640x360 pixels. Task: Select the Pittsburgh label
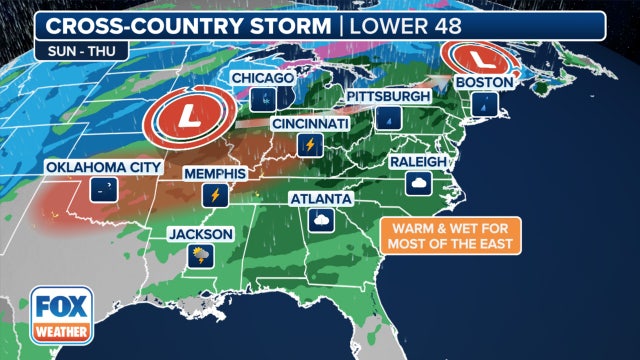pos(388,96)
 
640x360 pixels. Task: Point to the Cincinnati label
pos(310,124)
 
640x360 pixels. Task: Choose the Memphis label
pos(213,173)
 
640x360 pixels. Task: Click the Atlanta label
pos(321,197)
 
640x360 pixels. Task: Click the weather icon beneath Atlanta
pos(321,220)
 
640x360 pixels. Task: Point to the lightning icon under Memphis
pos(213,195)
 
